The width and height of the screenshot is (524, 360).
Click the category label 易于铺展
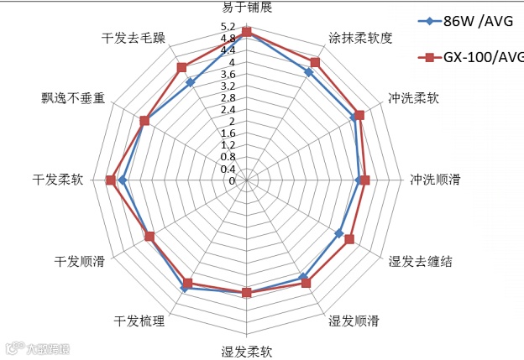point(246,8)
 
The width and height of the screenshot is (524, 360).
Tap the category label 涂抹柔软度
point(360,39)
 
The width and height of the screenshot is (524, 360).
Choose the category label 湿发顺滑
point(354,321)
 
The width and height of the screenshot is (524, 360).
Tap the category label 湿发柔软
point(246,352)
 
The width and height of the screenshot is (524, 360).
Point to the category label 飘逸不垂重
point(73,97)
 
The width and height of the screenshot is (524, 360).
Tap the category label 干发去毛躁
point(134,39)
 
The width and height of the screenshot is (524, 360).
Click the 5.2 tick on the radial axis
point(228,28)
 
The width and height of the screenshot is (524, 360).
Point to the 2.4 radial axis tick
point(228,110)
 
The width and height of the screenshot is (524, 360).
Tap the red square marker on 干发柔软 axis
point(111,180)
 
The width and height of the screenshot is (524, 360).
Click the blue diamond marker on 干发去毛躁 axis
point(191,82)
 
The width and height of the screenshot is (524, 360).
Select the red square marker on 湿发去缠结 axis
point(349,239)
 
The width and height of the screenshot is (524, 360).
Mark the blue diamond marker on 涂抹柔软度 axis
point(309,73)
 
